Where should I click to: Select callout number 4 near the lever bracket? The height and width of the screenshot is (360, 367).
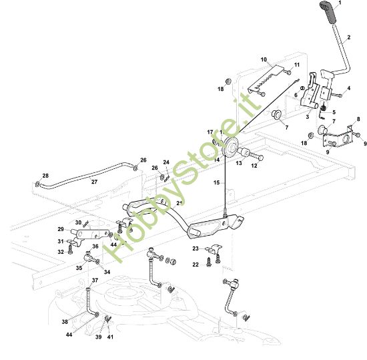pyautogui.click(x=348, y=88)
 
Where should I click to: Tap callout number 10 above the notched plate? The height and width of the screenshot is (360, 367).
pyautogui.click(x=264, y=59)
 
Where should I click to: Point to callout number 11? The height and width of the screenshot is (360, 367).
pyautogui.click(x=297, y=65)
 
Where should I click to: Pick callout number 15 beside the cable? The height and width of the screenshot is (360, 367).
pyautogui.click(x=215, y=182)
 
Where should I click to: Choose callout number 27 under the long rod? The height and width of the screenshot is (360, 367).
pyautogui.click(x=94, y=182)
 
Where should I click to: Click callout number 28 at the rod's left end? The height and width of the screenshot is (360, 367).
pyautogui.click(x=45, y=176)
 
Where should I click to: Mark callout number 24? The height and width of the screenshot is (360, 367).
pyautogui.click(x=166, y=162)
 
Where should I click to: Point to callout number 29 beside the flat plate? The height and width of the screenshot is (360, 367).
pyautogui.click(x=60, y=229)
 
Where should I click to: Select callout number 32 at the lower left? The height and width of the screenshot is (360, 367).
pyautogui.click(x=60, y=252)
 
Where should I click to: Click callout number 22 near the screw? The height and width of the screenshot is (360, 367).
pyautogui.click(x=196, y=264)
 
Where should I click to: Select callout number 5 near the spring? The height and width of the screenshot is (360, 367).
pyautogui.click(x=334, y=113)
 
